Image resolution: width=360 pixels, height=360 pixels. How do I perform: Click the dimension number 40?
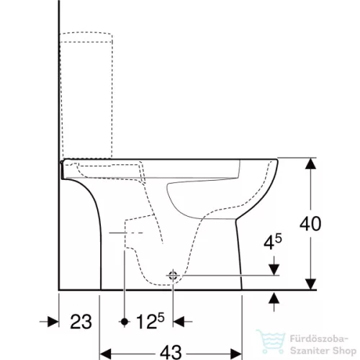[310, 224]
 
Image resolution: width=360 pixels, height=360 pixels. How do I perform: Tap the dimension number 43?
[171, 352]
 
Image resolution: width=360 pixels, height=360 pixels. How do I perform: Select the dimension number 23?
[81, 322]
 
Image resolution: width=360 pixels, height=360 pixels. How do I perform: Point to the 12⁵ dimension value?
[150, 321]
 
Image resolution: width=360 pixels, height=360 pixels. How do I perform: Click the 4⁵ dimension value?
[273, 242]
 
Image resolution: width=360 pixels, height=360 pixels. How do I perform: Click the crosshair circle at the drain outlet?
[173, 276]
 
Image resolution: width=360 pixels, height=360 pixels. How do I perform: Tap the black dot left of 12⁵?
[125, 321]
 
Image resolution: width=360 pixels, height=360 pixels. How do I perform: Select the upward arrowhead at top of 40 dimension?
[310, 163]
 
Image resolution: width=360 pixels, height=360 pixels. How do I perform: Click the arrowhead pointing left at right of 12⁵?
[179, 321]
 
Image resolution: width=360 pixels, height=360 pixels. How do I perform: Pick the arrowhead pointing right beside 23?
[53, 322]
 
